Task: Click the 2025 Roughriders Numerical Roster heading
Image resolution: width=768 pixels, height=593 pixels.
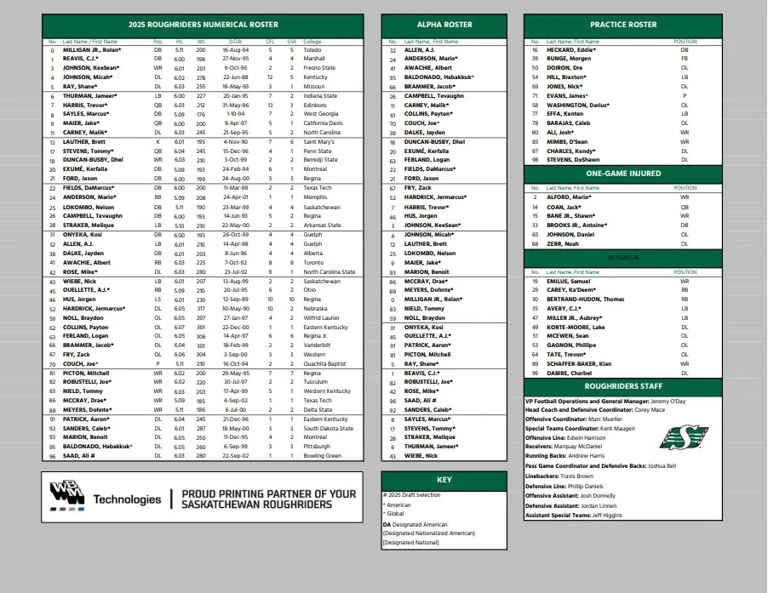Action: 203,26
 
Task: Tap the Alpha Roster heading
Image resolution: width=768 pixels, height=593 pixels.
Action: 444,26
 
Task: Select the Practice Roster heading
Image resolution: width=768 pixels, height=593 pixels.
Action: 622,26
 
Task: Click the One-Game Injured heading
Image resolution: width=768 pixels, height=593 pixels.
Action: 622,173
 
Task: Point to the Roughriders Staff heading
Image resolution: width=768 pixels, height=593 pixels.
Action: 622,386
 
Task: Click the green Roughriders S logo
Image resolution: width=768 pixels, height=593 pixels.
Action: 683,437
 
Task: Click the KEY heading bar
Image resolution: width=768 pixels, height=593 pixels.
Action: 444,480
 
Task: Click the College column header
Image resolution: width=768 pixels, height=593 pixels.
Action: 312,41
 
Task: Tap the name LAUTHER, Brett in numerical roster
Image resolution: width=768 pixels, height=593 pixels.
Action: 83,141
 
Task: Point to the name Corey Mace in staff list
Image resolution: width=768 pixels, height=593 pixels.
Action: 649,409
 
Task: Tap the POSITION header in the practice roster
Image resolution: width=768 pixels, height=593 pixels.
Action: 685,41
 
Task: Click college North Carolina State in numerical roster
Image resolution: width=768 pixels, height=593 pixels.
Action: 330,271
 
